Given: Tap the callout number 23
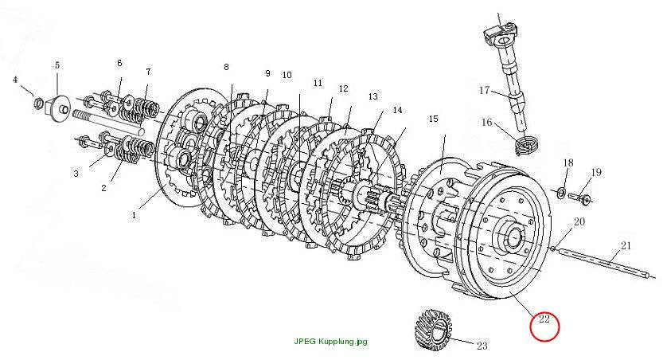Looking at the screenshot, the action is click(482, 346).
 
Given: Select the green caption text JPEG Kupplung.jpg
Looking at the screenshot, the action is click(330, 342).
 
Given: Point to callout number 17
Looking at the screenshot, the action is click(484, 90).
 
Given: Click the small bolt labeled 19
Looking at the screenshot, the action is click(582, 198).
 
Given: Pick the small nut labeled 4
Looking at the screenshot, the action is click(37, 102).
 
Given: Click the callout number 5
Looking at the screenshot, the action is click(57, 65).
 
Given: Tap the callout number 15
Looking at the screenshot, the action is click(434, 119).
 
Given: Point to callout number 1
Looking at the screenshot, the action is click(134, 215).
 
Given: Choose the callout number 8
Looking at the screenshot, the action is click(226, 67).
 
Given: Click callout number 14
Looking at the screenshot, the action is click(397, 110).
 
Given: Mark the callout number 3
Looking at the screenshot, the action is click(76, 174).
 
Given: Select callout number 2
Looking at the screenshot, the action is click(103, 188).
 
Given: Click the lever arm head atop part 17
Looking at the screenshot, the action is click(501, 33).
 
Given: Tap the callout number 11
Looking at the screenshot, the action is click(318, 83).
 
